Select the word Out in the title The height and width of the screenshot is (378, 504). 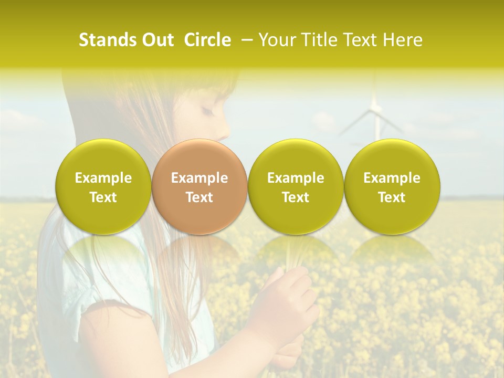[x=156, y=40]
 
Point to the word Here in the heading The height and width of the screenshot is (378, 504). [x=403, y=40]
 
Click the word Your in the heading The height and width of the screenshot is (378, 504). [x=277, y=40]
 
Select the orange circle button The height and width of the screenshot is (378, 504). [x=199, y=186]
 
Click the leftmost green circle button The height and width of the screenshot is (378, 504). [x=103, y=186]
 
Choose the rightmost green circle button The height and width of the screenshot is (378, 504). [x=392, y=186]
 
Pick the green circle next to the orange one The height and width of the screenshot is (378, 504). [x=296, y=186]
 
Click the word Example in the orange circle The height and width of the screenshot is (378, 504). [x=199, y=178]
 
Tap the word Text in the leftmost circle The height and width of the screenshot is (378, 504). [x=103, y=197]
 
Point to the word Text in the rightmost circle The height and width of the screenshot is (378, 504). [x=392, y=197]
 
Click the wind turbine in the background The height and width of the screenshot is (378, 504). [x=375, y=113]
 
